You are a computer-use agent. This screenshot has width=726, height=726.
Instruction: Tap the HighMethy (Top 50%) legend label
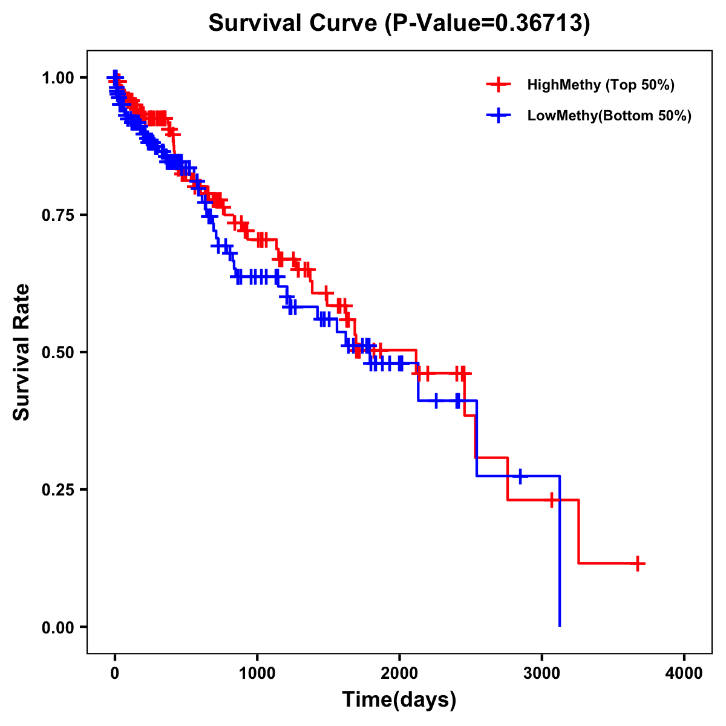click(600, 85)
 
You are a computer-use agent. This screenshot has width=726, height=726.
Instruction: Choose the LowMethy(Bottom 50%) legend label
click(609, 116)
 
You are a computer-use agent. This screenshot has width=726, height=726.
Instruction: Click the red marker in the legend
click(498, 85)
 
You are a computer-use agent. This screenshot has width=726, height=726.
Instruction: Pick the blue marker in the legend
click(498, 116)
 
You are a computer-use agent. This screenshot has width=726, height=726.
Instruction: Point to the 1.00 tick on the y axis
click(58, 77)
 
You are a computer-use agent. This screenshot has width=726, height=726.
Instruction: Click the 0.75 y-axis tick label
click(58, 215)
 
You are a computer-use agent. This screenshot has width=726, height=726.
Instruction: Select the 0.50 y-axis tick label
click(58, 352)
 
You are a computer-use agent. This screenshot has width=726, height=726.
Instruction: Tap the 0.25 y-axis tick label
click(58, 489)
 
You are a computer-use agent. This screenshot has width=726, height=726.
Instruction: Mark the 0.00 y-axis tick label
click(58, 627)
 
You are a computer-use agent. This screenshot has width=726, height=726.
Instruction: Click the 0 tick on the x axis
click(115, 673)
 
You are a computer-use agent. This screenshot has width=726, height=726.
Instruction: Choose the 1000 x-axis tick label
click(257, 673)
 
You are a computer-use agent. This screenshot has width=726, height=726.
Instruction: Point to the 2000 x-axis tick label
click(399, 673)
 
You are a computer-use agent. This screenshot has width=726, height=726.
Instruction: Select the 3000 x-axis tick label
click(542, 673)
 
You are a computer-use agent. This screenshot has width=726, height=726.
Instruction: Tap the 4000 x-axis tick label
click(684, 673)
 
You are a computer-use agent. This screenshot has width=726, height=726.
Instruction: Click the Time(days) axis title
click(399, 700)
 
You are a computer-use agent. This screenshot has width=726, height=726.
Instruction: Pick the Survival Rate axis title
click(22, 352)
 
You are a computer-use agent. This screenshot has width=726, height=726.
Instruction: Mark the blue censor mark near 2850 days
click(520, 476)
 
